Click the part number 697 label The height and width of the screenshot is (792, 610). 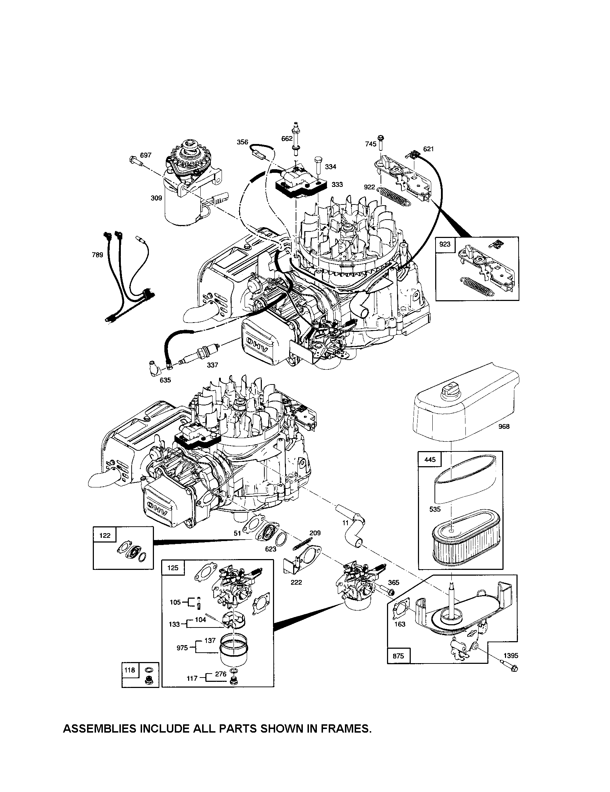click(x=145, y=155)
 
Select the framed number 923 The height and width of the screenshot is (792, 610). click(x=445, y=244)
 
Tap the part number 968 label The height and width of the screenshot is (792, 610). click(x=504, y=427)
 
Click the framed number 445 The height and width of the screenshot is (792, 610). click(x=429, y=459)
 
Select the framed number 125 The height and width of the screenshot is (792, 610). click(x=173, y=567)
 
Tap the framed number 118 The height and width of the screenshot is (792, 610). click(x=129, y=670)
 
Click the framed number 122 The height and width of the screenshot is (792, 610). click(x=105, y=535)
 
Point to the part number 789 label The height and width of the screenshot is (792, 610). click(x=97, y=255)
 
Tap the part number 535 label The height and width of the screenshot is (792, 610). click(x=434, y=509)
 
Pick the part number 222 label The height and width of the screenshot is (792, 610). click(x=296, y=582)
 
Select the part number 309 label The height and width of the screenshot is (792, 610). click(x=156, y=198)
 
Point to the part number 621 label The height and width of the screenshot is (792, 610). click(x=428, y=149)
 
